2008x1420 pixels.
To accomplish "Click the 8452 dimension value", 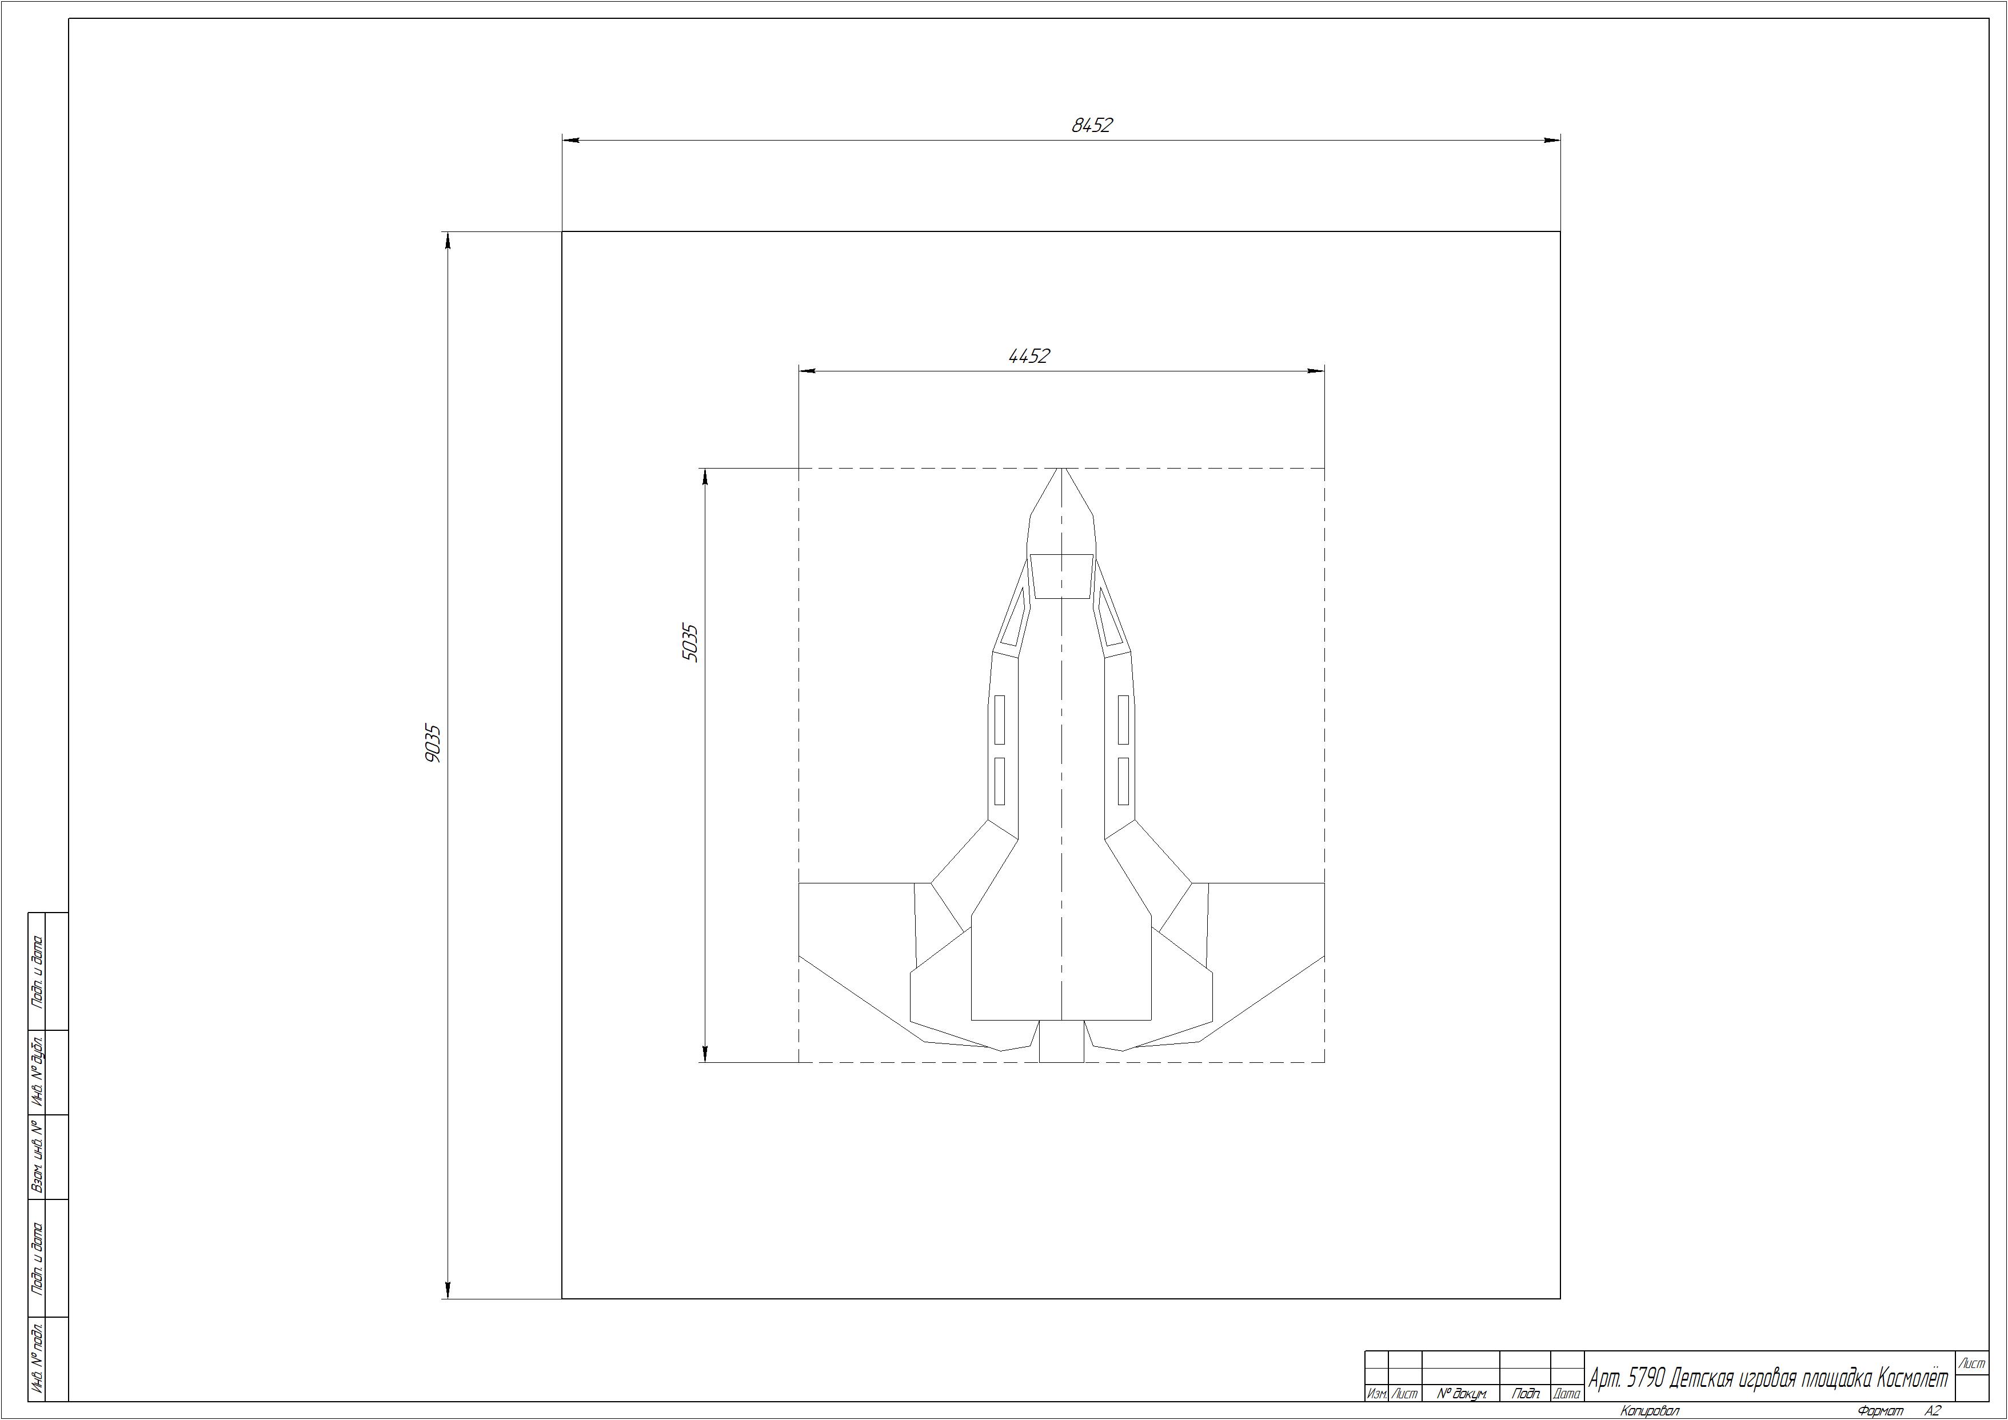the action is coord(1092,125).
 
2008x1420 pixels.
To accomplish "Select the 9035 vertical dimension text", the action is coord(433,743).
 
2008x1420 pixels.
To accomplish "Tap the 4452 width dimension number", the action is coord(1029,356).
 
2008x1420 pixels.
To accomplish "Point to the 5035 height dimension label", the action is coord(690,643).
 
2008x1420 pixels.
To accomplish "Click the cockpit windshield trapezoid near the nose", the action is coord(1061,576).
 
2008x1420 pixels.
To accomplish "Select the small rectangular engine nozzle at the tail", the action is coord(1061,1041).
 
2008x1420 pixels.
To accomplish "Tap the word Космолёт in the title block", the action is coord(1913,1379).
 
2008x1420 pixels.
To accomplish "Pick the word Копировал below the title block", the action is coord(1650,1410).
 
